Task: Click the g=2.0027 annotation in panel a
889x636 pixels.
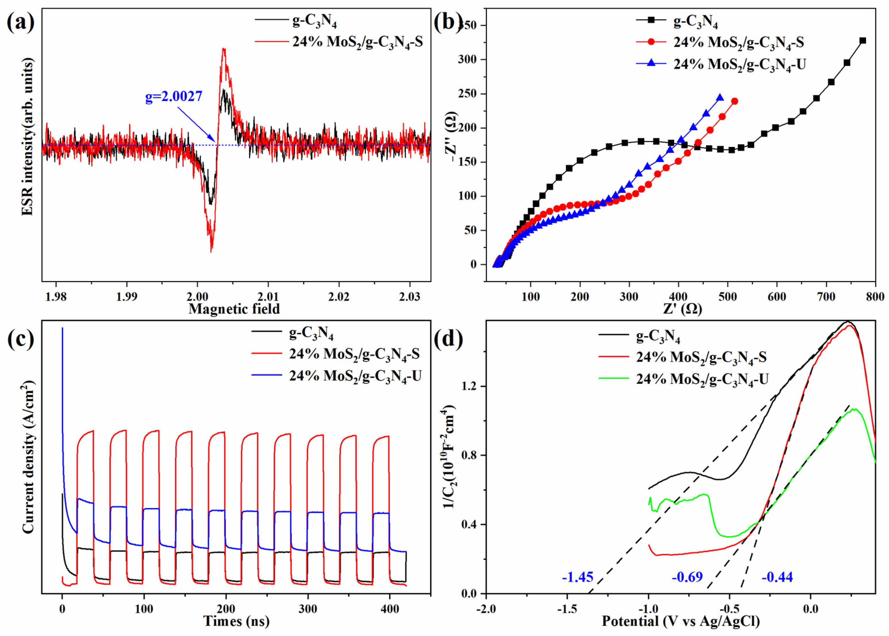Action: [174, 96]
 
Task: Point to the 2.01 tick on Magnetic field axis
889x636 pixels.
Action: [268, 296]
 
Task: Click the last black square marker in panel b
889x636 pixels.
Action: [862, 41]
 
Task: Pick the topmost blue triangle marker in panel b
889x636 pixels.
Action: [720, 98]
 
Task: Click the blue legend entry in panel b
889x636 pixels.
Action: [739, 64]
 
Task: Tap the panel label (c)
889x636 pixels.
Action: [21, 340]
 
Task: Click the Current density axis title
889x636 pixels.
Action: [28, 458]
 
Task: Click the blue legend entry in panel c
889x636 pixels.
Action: [355, 376]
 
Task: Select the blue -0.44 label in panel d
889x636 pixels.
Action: [777, 577]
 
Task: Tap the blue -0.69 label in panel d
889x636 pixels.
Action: [687, 577]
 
